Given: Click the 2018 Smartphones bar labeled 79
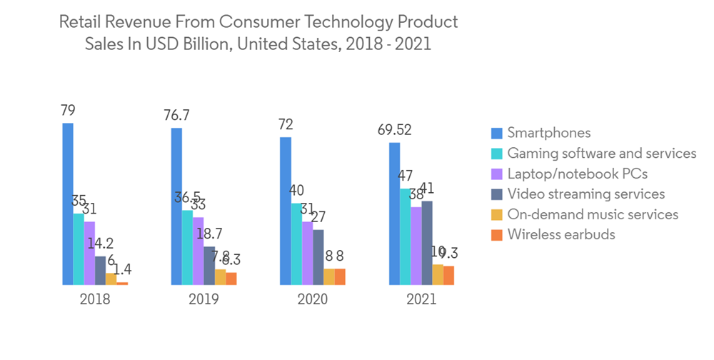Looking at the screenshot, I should pyautogui.click(x=68, y=204).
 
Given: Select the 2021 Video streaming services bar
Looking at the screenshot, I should pyautogui.click(x=427, y=243).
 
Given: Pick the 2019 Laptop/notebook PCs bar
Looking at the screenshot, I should pyautogui.click(x=198, y=251).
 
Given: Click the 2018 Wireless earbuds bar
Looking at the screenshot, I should pyautogui.click(x=123, y=284).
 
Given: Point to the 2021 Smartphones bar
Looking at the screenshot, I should pyautogui.click(x=394, y=214).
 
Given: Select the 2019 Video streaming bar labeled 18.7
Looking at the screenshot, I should pyautogui.click(x=209, y=266).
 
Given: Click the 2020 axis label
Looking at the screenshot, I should pyautogui.click(x=312, y=299).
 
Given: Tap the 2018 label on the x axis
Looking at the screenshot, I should pyautogui.click(x=95, y=299).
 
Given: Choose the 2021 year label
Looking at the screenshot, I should pyautogui.click(x=421, y=299).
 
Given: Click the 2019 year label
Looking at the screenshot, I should pyautogui.click(x=203, y=299).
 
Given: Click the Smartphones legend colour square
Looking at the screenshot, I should pyautogui.click(x=497, y=133).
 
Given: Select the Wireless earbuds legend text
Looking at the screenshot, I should pyautogui.click(x=560, y=234).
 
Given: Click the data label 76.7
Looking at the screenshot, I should pyautogui.click(x=176, y=116).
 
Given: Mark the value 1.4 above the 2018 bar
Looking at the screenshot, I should pyautogui.click(x=123, y=269).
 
